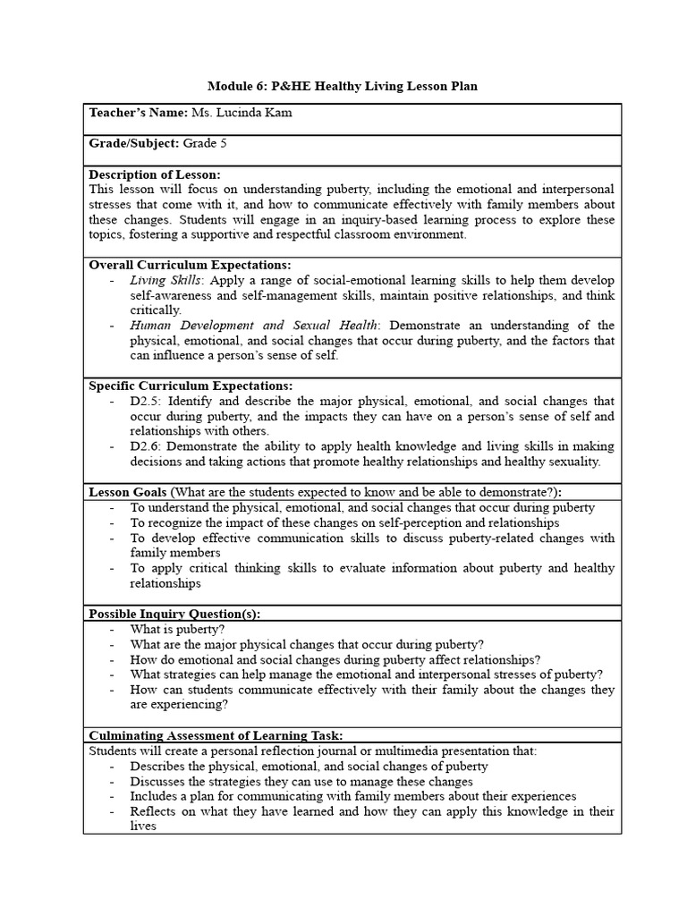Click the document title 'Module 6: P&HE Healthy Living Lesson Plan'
pyautogui.click(x=343, y=86)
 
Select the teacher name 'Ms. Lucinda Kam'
pyautogui.click(x=242, y=114)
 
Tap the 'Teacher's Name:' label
pyautogui.click(x=139, y=114)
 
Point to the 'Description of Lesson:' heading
pyautogui.click(x=155, y=174)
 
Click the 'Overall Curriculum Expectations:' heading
pyautogui.click(x=190, y=265)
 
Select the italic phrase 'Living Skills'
pyautogui.click(x=165, y=280)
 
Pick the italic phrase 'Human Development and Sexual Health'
pyautogui.click(x=255, y=326)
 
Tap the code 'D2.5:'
pyautogui.click(x=146, y=401)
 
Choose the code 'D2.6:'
pyautogui.click(x=146, y=446)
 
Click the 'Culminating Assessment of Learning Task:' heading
pyautogui.click(x=216, y=735)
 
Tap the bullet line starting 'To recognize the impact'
pyautogui.click(x=344, y=522)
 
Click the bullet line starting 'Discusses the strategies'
pyautogui.click(x=301, y=781)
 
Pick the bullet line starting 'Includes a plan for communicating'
pyautogui.click(x=352, y=796)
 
